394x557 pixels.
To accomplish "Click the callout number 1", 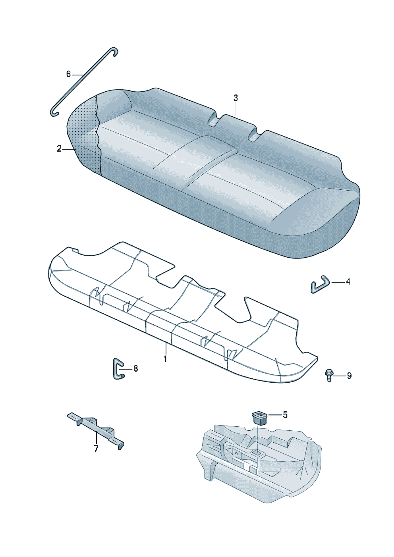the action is click(165, 359).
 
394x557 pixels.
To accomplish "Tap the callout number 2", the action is click(59, 149).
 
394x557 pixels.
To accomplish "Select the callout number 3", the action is click(236, 98).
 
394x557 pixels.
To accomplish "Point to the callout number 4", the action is click(348, 282).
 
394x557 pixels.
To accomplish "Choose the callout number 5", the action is click(285, 415).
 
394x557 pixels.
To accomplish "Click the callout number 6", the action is click(68, 74).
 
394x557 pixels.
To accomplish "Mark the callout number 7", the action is click(96, 449).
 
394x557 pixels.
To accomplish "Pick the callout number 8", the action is click(135, 368).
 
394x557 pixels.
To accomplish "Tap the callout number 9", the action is click(349, 376).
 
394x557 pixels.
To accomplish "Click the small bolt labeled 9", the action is click(329, 375).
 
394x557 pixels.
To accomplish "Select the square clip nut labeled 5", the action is click(259, 418).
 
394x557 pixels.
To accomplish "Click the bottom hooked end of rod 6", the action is click(54, 112).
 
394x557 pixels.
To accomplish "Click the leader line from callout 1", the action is click(166, 348).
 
